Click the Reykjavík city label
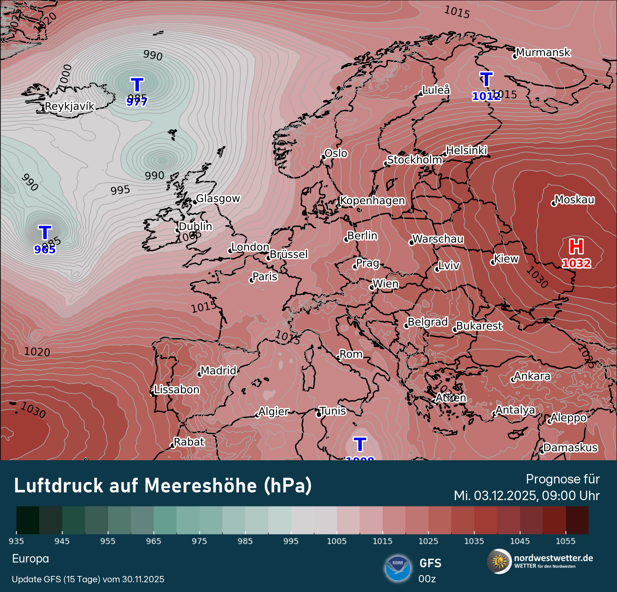(x=69, y=106)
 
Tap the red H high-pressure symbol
(x=576, y=247)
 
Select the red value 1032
(x=576, y=264)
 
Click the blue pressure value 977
(x=137, y=102)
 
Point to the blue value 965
(x=45, y=249)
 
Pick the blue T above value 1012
(x=486, y=79)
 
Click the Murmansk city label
(x=543, y=52)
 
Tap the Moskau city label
(x=574, y=200)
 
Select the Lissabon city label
(x=177, y=390)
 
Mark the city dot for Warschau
(x=411, y=243)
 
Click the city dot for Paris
(x=251, y=280)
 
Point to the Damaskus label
(x=570, y=447)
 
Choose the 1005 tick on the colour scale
(x=336, y=541)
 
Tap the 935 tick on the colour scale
(x=16, y=541)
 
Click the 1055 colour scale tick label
(x=565, y=541)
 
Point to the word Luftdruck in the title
(x=59, y=486)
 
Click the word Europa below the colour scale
(x=30, y=559)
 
